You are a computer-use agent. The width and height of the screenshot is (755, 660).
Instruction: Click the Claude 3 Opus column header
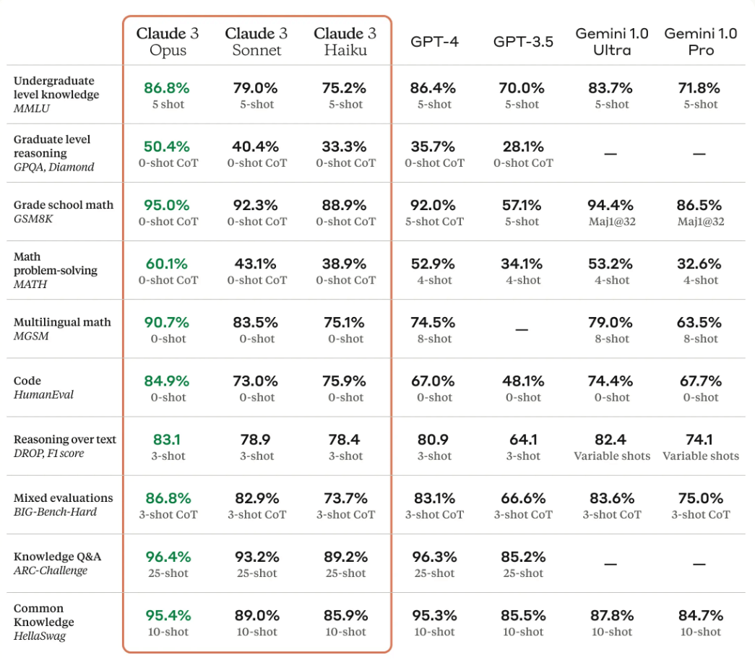click(168, 41)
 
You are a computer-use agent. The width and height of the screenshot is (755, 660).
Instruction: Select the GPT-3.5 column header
click(523, 41)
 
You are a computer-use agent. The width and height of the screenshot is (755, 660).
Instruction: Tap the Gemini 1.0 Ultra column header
click(612, 41)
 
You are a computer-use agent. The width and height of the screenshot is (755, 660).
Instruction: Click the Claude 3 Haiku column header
click(345, 41)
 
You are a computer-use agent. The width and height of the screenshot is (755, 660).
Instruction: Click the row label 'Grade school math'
click(64, 205)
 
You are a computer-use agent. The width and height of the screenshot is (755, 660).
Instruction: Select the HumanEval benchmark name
click(43, 394)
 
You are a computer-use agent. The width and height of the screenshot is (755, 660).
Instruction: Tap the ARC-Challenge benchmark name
click(51, 570)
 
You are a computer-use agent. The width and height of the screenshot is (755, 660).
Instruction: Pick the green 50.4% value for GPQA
click(167, 147)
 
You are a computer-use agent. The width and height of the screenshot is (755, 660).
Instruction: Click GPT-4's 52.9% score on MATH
click(433, 264)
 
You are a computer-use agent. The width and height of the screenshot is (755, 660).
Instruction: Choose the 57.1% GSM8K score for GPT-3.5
click(522, 205)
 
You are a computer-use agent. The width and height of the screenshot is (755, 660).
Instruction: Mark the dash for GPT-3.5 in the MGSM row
click(522, 329)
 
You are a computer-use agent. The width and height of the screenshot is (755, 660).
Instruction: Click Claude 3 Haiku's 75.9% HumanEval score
click(345, 381)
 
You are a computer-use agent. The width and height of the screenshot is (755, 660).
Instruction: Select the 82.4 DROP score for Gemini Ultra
click(612, 439)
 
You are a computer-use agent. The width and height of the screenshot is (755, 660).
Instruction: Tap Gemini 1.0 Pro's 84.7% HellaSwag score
click(700, 615)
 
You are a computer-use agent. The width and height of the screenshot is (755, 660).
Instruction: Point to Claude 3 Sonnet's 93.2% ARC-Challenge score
click(256, 557)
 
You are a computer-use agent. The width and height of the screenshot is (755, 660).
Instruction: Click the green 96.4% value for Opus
click(167, 557)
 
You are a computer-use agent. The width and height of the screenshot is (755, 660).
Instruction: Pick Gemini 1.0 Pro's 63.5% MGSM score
click(700, 322)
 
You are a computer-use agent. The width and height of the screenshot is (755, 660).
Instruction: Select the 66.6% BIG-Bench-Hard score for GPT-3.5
click(522, 498)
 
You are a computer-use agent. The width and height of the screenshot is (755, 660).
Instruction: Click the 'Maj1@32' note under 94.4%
click(612, 222)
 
